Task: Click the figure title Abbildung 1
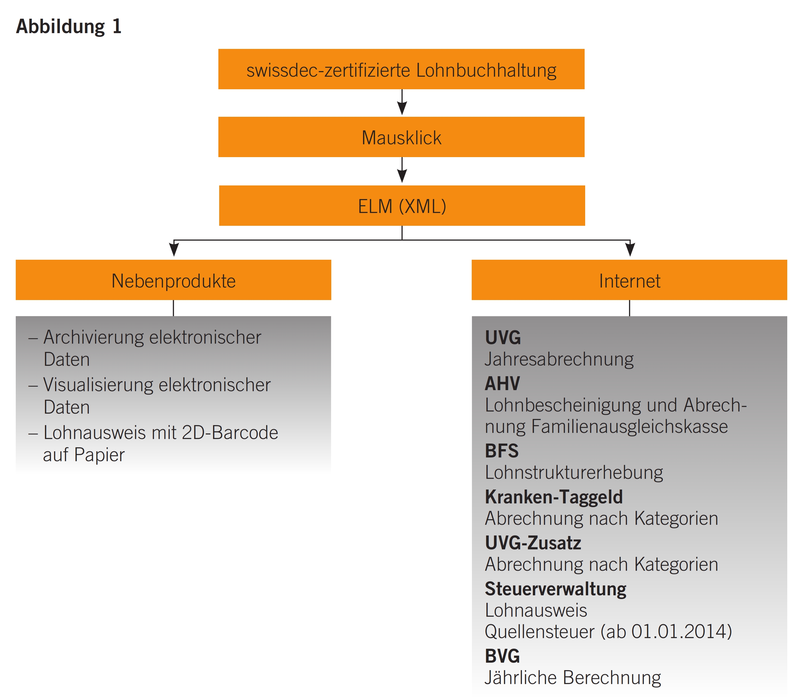(69, 26)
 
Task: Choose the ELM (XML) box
(402, 205)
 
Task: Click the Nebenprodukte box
(173, 280)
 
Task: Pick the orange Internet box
(629, 280)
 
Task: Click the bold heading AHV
(502, 383)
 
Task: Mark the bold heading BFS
(501, 451)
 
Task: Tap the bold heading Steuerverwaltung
(555, 589)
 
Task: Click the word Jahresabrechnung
(559, 359)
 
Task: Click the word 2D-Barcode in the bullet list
(230, 433)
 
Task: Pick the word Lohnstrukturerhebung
(573, 473)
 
